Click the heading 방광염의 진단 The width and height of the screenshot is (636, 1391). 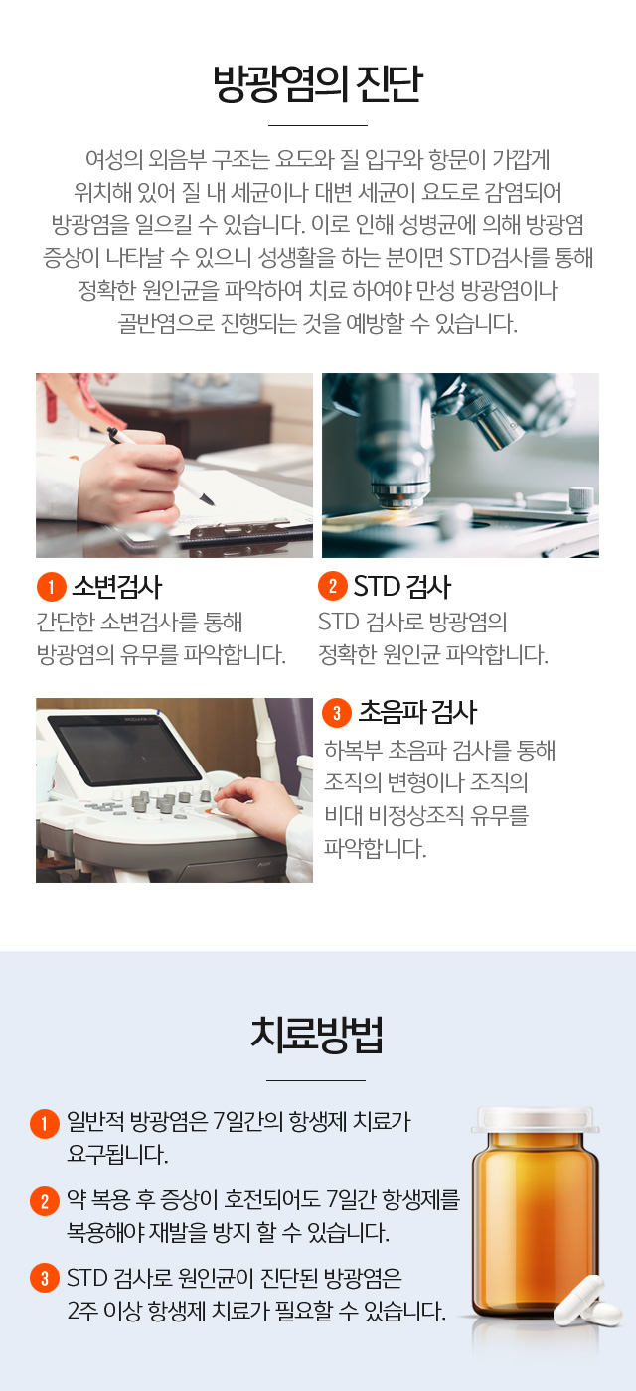point(318,83)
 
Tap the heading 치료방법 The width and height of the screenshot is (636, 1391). point(316,1035)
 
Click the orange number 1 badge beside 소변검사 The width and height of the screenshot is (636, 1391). point(51,586)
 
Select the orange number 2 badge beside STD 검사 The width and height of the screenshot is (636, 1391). point(333,586)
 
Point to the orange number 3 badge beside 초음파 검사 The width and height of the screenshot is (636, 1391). point(337,712)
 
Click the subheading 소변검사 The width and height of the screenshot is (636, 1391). point(117,587)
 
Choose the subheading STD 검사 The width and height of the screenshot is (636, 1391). point(401,587)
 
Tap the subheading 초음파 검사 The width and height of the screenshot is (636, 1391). point(417,713)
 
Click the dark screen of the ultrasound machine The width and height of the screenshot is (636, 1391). point(124,749)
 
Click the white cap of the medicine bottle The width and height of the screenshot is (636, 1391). point(535,1120)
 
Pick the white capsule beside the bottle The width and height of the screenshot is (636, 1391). point(588,1302)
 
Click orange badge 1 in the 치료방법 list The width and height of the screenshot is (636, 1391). point(45,1123)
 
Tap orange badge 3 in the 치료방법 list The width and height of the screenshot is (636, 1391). point(45,1278)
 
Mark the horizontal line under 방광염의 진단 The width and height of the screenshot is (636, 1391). point(318,125)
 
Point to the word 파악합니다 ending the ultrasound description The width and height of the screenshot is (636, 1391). point(375,848)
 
